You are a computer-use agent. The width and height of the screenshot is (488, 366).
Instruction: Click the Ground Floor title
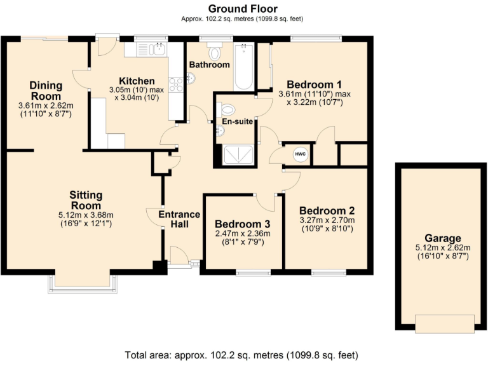244,8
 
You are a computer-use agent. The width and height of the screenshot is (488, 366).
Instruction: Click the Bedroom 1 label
315,85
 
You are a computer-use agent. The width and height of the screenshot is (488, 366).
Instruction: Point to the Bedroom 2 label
327,211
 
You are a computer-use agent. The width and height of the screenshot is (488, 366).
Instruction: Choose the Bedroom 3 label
242,224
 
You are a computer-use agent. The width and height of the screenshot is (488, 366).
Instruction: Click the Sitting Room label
86,200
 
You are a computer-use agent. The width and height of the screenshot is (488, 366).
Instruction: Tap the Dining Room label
46,90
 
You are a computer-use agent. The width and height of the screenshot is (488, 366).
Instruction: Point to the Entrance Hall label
179,219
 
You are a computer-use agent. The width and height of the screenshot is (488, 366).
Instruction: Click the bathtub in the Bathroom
243,67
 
